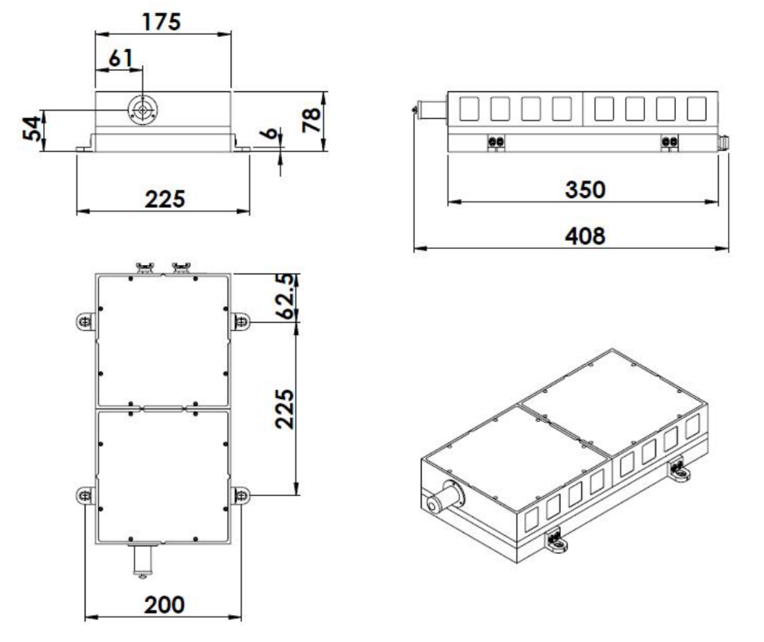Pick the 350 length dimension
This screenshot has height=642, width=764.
(x=585, y=189)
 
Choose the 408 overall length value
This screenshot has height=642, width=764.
(x=585, y=237)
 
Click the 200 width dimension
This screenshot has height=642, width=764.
(x=163, y=604)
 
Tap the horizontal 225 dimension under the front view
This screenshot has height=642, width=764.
(x=161, y=199)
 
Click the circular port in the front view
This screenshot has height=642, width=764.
(x=143, y=110)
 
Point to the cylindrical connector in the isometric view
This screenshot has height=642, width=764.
(x=444, y=497)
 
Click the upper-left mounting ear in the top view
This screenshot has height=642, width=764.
(x=85, y=321)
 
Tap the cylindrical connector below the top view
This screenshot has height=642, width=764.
(x=144, y=560)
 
